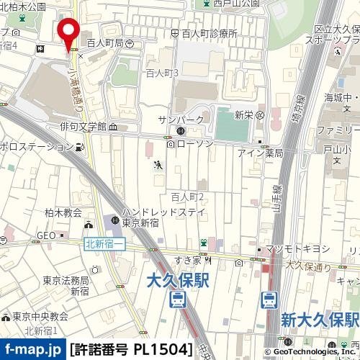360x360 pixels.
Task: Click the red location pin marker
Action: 69,33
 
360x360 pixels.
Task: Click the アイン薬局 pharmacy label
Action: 259,153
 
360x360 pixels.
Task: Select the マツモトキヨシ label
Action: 297,248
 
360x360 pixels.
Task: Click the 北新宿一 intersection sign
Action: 105,245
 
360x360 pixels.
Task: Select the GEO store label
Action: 46,235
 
